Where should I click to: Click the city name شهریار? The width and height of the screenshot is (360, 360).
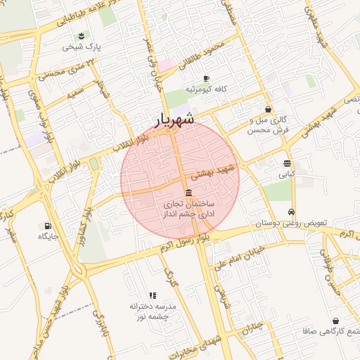pos(175,120)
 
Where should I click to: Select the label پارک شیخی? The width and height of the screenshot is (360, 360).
pos(82,47)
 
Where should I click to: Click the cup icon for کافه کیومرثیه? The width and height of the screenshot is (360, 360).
pos(206,78)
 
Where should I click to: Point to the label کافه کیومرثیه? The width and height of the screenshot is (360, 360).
pos(204,90)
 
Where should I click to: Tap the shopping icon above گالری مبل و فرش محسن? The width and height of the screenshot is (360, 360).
pos(269,109)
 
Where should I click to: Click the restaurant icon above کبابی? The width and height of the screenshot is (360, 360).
pos(287,162)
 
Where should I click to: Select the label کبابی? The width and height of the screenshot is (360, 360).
pos(287,174)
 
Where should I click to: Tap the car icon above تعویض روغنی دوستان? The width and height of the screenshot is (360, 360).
pos(290,212)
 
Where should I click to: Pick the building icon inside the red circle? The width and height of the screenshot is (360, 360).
pos(188,193)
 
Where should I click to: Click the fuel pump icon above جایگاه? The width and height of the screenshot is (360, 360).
pos(47,226)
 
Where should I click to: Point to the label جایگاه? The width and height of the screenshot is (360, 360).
pos(47,237)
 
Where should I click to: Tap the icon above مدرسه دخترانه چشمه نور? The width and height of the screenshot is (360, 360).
pos(152,295)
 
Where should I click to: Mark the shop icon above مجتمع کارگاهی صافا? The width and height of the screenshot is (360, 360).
pos(335,321)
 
